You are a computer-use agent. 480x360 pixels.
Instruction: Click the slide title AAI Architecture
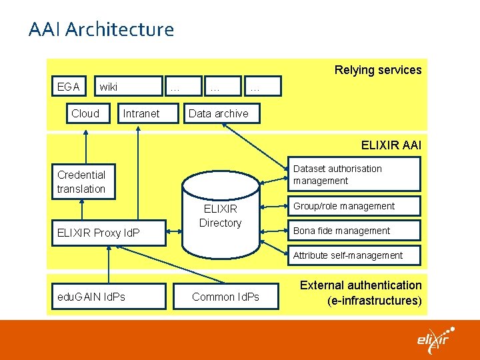click(x=101, y=30)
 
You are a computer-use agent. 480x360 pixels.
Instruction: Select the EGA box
click(x=69, y=87)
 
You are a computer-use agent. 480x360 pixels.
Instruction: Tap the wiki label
click(x=108, y=87)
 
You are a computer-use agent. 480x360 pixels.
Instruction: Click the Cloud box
click(x=85, y=113)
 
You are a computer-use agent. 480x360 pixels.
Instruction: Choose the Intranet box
click(x=141, y=113)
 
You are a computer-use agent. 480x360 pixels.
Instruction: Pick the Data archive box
click(x=218, y=113)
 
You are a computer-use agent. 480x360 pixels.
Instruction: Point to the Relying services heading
click(x=377, y=70)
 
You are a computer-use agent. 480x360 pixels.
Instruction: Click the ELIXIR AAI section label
click(x=391, y=145)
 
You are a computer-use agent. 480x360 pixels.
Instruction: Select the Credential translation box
click(x=81, y=182)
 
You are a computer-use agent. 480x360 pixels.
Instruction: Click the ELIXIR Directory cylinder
click(x=220, y=217)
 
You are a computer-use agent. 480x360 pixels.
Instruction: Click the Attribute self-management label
click(x=348, y=255)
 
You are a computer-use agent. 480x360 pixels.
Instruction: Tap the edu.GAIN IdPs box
click(x=91, y=297)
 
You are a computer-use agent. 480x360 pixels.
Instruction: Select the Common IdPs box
click(x=225, y=297)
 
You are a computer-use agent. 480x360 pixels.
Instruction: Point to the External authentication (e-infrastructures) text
click(x=361, y=293)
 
